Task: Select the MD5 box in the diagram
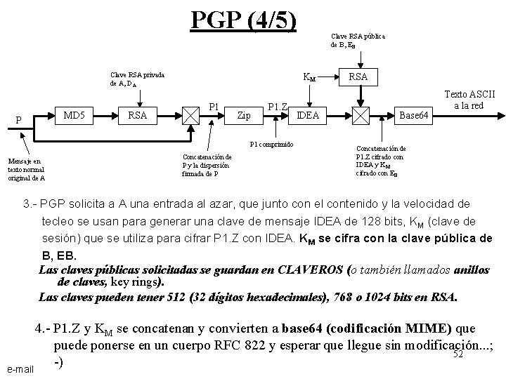click(74, 114)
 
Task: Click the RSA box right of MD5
click(138, 114)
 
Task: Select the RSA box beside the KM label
click(358, 75)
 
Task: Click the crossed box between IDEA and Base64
click(361, 116)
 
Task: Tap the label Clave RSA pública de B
click(357, 39)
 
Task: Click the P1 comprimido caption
click(283, 145)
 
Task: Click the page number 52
click(457, 354)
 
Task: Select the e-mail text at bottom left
click(19, 368)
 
